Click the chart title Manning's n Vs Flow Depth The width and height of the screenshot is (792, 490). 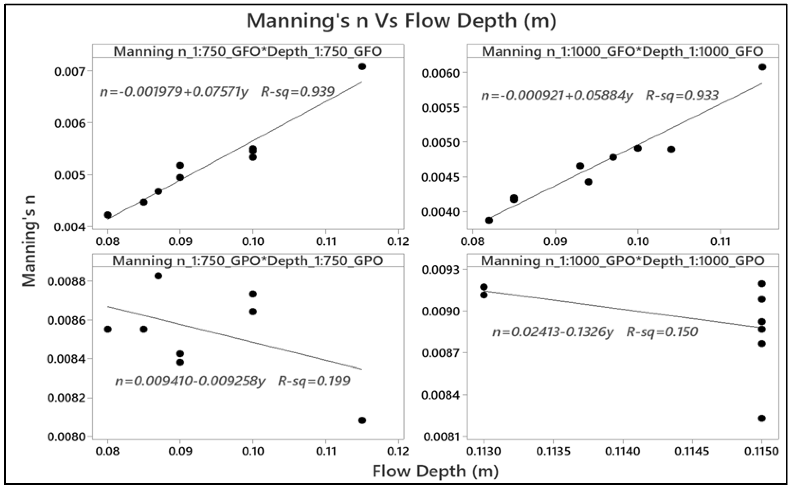click(401, 21)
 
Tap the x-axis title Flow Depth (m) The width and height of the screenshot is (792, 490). click(435, 471)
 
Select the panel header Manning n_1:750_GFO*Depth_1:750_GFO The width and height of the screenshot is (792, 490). click(248, 51)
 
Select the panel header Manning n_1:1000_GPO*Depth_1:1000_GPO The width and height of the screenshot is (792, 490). click(622, 261)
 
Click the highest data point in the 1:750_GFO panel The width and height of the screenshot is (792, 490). click(362, 67)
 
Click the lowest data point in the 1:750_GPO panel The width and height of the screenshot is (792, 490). click(362, 420)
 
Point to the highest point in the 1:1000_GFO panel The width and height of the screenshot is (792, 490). click(762, 67)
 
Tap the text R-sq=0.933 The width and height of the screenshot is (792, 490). click(682, 95)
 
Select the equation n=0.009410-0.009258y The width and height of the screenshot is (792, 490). click(190, 381)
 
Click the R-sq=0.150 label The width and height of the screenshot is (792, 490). click(662, 332)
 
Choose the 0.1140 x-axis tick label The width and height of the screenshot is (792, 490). click(622, 451)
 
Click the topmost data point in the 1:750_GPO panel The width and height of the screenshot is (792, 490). click(158, 276)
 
